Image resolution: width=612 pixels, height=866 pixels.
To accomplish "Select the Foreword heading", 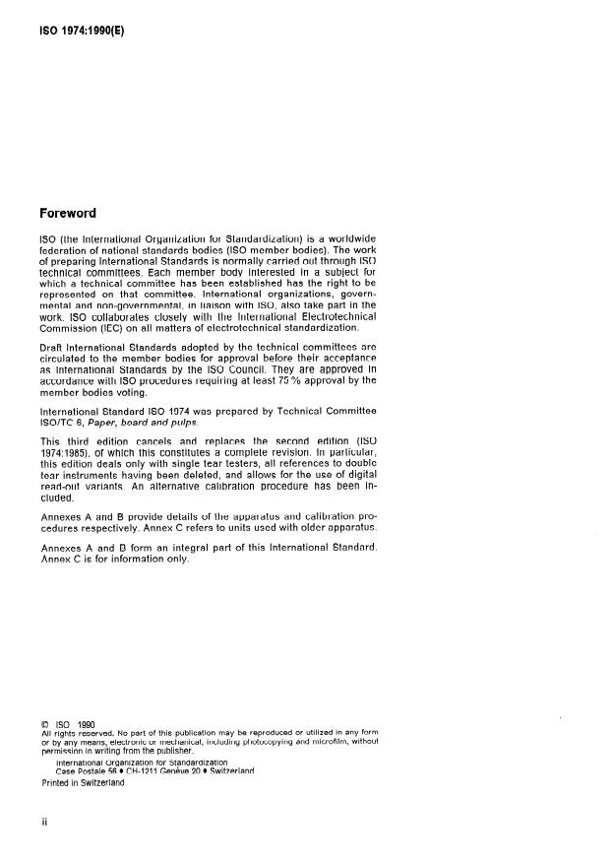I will [73, 212].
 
